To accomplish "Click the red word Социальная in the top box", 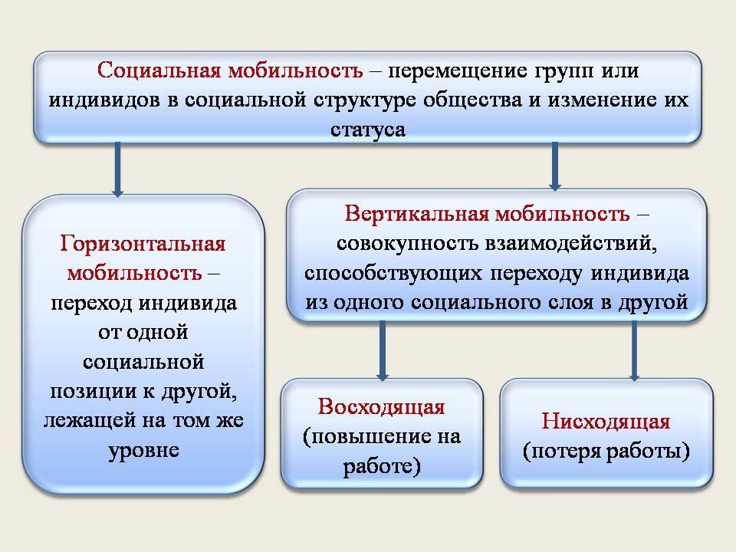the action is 159,71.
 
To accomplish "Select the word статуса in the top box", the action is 368,130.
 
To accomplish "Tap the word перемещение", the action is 458,71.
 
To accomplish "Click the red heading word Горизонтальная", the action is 143,244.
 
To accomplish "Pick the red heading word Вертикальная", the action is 417,214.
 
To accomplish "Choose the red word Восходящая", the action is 381,407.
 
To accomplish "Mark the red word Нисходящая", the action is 606,421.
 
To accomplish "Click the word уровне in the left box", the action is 143,451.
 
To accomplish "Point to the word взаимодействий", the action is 570,244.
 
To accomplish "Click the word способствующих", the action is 393,274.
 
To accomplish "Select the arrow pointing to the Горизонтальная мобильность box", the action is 118,169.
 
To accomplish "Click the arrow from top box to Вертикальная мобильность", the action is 555,166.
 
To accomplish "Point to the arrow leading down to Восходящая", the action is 383,350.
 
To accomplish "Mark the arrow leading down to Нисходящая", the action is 634,350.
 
